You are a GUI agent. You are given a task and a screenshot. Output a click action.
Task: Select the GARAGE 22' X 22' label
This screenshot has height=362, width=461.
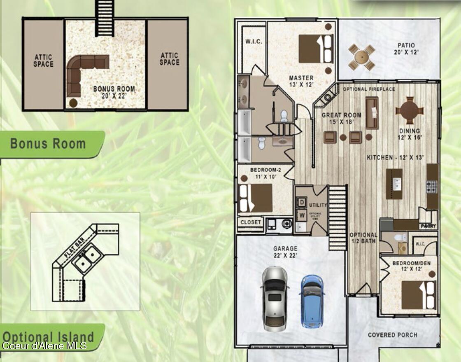(285, 252)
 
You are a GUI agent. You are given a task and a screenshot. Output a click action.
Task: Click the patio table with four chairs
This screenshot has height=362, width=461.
(362, 57)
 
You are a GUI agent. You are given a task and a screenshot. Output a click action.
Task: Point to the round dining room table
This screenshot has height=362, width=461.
(409, 110)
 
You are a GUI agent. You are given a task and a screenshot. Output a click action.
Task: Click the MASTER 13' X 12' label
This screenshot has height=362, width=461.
(301, 81)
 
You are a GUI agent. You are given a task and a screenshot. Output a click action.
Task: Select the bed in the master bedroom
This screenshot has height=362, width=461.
(316, 49)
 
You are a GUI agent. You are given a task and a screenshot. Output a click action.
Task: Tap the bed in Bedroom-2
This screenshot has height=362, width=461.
(256, 198)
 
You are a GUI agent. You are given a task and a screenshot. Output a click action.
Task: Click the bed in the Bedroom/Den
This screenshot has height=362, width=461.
(418, 295)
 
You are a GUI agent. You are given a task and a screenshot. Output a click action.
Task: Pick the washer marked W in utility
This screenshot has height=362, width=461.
(301, 215)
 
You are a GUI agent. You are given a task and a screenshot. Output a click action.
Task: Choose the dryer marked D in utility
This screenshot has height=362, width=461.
(301, 203)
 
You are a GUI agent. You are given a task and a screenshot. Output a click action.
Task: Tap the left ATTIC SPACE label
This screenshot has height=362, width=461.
(44, 61)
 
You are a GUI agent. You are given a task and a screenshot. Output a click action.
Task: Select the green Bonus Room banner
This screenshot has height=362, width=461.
(49, 144)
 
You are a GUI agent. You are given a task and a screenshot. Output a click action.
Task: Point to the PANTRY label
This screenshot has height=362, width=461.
(427, 226)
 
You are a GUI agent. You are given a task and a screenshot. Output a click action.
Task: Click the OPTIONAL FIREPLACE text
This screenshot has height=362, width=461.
(369, 89)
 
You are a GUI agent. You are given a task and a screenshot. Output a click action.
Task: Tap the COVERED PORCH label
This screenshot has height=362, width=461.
(392, 335)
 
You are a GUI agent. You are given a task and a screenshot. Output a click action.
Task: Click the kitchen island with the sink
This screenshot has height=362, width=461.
(394, 184)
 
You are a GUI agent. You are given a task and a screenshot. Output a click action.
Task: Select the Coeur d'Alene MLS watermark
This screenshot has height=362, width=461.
(44, 345)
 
